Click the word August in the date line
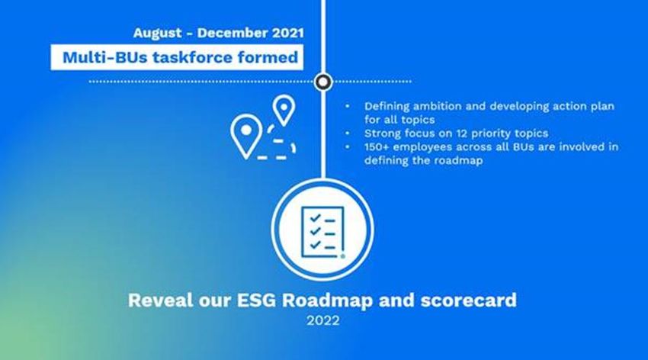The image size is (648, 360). point(157,33)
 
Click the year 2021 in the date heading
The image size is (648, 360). point(287,33)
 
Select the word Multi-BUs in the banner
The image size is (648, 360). point(105,57)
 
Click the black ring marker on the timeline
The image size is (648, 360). point(323,82)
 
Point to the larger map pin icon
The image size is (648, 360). point(246,136)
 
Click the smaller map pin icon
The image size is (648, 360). point(284,110)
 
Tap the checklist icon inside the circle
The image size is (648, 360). point(322,232)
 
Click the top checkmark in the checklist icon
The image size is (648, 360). point(316,218)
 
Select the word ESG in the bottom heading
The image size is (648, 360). point(256,300)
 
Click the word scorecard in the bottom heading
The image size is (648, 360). point(469,300)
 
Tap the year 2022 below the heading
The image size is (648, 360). point(323,320)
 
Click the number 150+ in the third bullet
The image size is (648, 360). point(377,147)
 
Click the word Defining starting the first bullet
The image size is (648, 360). point(387,107)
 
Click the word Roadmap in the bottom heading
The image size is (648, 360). point(327,301)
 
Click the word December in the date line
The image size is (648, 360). point(233,33)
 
